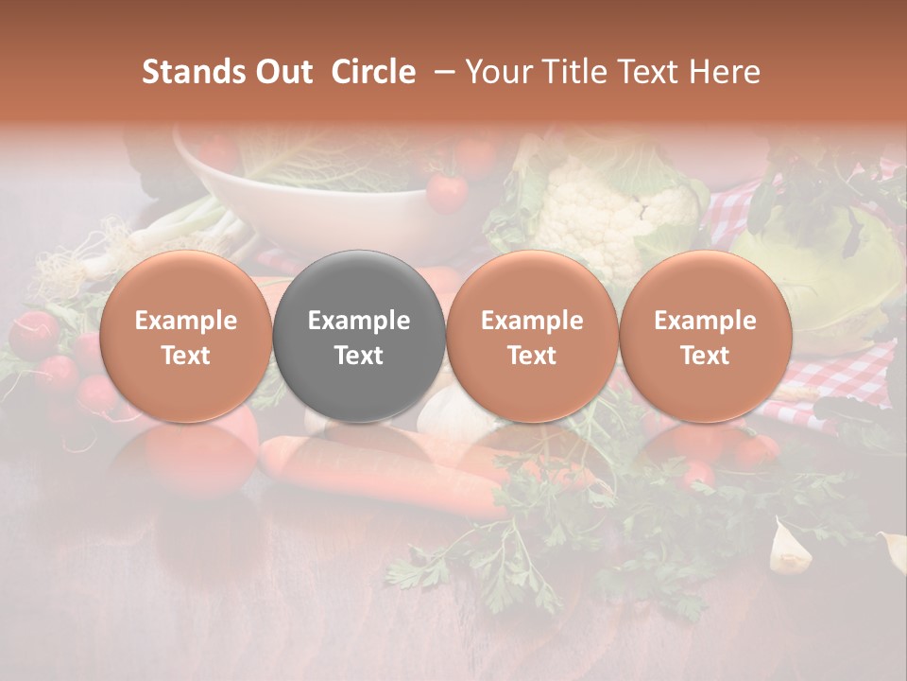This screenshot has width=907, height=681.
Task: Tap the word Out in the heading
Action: click(x=281, y=72)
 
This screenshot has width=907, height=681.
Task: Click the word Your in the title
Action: click(x=497, y=72)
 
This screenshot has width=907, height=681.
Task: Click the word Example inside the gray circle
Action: click(x=359, y=321)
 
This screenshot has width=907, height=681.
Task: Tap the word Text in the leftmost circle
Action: click(x=186, y=356)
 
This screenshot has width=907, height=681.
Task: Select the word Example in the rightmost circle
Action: click(x=705, y=321)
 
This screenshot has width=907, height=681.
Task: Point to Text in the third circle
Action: click(x=532, y=356)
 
